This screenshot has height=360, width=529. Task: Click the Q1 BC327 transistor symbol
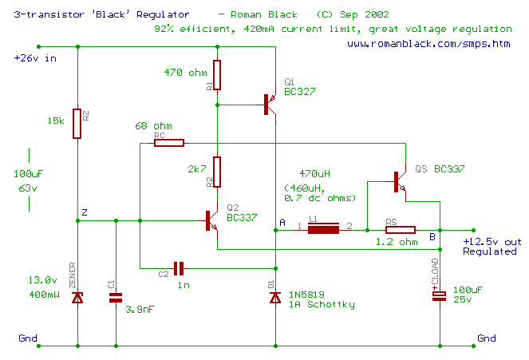(270, 105)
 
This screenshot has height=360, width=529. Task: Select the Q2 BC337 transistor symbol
(210, 220)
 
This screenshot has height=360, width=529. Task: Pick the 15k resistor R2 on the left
(77, 124)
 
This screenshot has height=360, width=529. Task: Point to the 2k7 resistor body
(216, 170)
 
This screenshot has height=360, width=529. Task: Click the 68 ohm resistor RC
(169, 144)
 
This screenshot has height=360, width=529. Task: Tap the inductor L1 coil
(324, 229)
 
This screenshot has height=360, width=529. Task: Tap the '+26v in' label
(36, 58)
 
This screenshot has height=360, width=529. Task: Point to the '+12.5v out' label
(492, 240)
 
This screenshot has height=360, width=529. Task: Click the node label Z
(85, 212)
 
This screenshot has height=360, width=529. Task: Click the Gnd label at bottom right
(487, 338)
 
